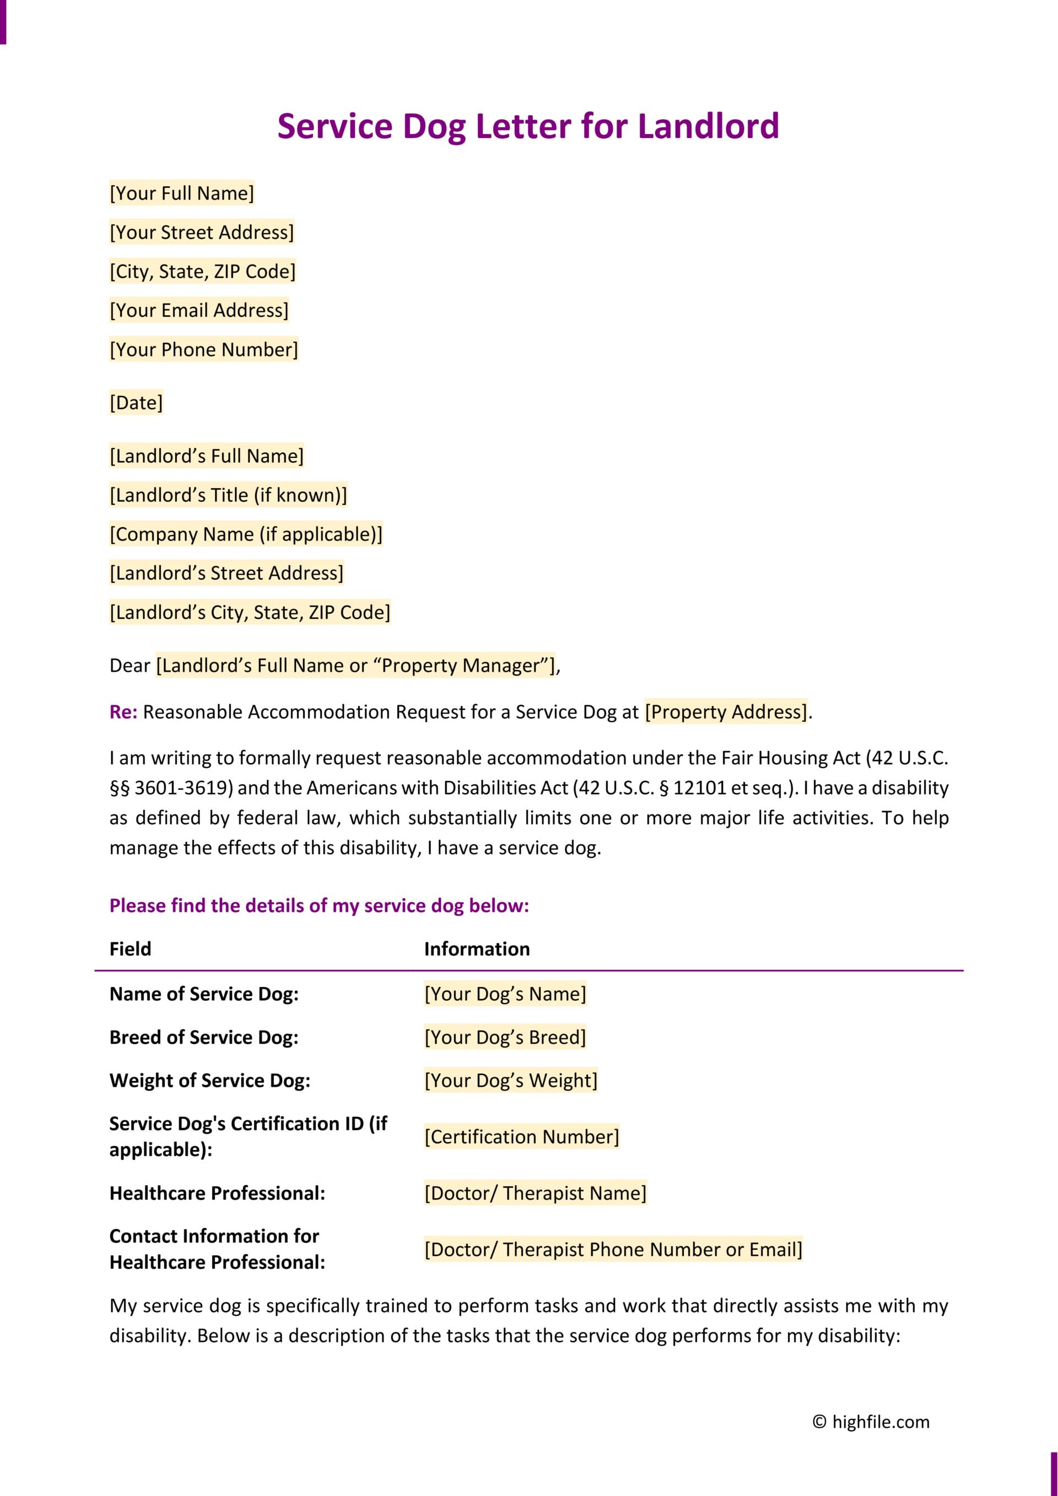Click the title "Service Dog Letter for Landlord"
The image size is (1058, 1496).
[528, 126]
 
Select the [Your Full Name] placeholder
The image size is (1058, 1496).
[182, 193]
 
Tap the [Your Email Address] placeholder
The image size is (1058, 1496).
[199, 310]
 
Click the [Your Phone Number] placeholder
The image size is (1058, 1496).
[203, 350]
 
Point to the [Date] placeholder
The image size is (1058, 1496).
[136, 403]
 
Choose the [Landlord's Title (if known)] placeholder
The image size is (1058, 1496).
[228, 495]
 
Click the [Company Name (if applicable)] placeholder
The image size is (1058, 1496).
[246, 534]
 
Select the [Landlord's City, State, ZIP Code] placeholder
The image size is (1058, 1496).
[250, 613]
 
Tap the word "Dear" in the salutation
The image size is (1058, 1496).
[129, 666]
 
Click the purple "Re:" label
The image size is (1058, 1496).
[123, 712]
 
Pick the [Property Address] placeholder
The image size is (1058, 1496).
[726, 712]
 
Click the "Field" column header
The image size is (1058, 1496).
[130, 949]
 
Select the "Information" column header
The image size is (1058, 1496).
[477, 949]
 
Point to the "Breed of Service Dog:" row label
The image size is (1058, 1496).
[204, 1038]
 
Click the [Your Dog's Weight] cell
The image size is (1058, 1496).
[511, 1081]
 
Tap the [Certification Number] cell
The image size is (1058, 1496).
[522, 1137]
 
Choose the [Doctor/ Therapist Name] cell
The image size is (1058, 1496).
[536, 1193]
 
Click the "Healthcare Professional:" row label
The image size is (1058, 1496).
[217, 1193]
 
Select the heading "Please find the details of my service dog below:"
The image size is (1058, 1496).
[319, 906]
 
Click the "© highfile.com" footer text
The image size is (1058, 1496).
[871, 1422]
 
